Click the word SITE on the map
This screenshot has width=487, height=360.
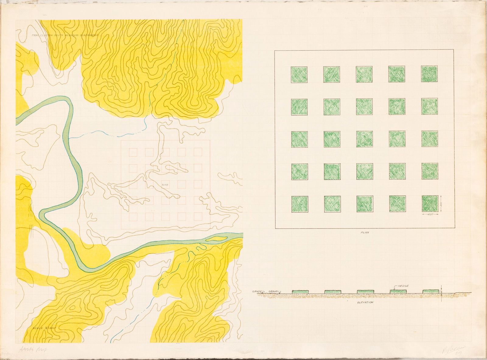point(165,185)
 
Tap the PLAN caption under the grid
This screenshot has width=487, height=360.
point(364,232)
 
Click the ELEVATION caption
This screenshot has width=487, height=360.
point(365,302)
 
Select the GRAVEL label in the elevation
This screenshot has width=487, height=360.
point(274,291)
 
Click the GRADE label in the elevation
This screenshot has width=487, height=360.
point(258,291)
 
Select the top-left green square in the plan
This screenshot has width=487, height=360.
point(299,74)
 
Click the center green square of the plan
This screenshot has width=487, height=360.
point(364,139)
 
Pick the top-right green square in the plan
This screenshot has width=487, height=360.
point(429,74)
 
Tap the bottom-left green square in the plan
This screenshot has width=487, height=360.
point(300,204)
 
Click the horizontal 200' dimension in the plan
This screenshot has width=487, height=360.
point(430,215)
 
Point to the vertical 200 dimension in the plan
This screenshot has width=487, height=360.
point(441,204)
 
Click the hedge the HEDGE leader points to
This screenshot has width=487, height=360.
point(398,291)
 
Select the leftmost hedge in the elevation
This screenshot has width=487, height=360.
point(300,292)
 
